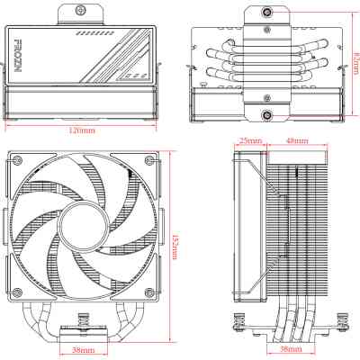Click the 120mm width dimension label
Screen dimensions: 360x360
point(84,130)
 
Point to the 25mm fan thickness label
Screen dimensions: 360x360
point(250,141)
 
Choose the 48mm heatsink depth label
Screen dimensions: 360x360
point(295,141)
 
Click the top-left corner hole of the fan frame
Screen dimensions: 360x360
point(17,158)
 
